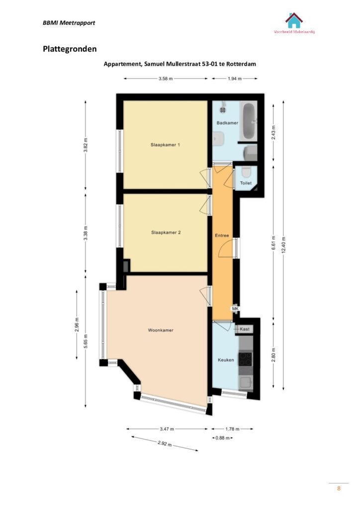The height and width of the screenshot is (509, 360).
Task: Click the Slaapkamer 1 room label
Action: point(165,145)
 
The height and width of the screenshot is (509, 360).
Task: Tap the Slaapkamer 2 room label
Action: point(166,233)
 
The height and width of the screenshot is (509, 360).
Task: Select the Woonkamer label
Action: point(161,330)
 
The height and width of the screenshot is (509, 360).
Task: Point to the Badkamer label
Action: point(227,123)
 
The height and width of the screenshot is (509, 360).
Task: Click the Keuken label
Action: point(226,360)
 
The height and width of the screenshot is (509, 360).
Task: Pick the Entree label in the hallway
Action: point(222,235)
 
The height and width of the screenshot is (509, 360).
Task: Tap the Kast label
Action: point(245,329)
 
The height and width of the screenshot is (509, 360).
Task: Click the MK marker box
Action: point(235,309)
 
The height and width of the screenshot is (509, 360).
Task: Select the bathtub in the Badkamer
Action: point(249,121)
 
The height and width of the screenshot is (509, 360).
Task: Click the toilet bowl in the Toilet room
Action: point(247,171)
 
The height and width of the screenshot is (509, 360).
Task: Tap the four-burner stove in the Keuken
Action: point(246,359)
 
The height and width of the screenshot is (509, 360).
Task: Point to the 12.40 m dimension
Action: point(283,245)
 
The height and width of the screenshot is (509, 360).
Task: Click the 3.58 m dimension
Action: point(166,79)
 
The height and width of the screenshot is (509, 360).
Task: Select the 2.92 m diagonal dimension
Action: point(165,444)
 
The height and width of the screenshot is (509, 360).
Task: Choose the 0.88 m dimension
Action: point(222,438)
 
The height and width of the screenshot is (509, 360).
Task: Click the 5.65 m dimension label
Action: point(86,341)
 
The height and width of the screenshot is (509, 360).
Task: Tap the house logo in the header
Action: point(294,20)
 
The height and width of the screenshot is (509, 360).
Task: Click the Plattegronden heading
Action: point(70,49)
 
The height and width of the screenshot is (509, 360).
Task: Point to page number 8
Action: point(339,488)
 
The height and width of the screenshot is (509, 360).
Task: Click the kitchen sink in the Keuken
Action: point(246,383)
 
